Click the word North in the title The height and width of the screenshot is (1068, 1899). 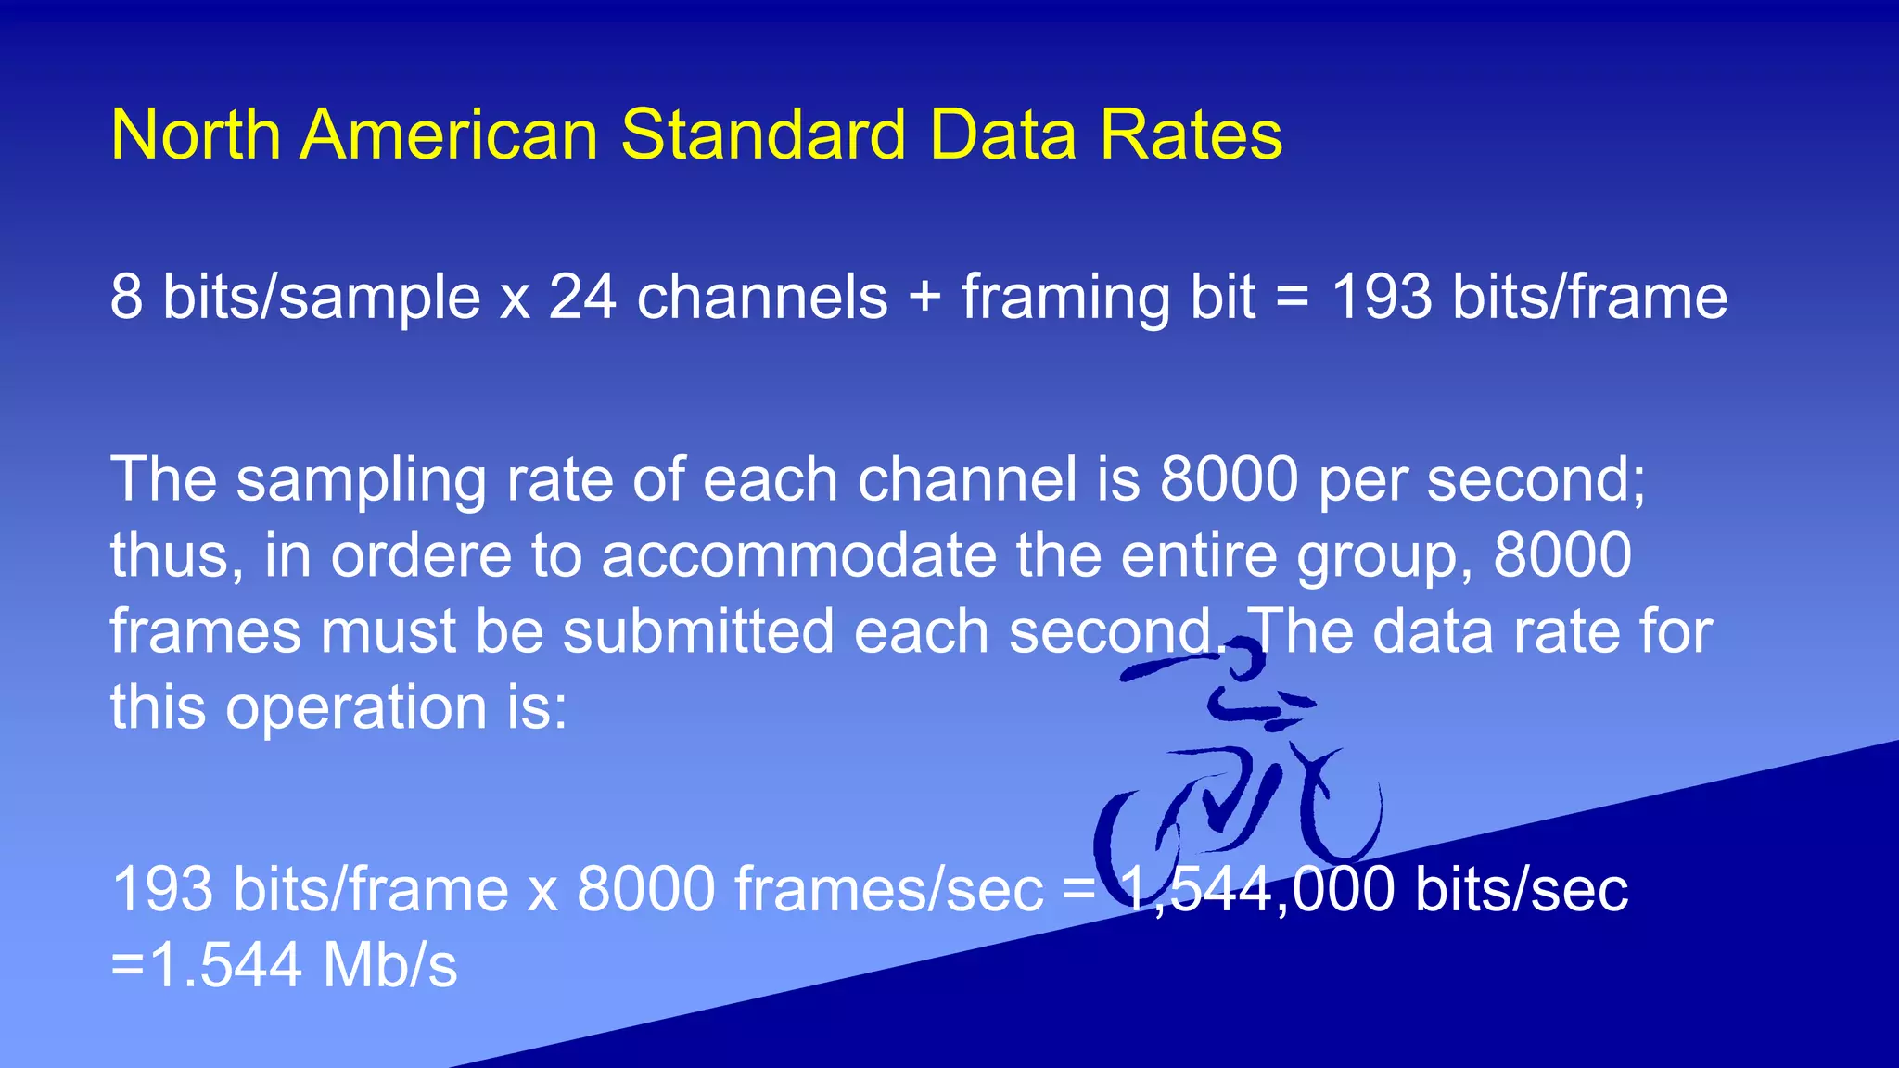click(196, 135)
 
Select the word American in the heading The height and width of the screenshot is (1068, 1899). click(449, 135)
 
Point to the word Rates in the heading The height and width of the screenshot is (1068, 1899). click(1191, 135)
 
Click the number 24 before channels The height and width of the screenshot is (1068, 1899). click(582, 298)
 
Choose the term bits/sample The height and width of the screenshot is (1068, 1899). click(321, 299)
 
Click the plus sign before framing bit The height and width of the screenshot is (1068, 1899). click(924, 299)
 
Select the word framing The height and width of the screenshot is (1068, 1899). click(1065, 299)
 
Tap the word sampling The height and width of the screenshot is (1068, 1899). click(361, 481)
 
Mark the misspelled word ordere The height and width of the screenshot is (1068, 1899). click(421, 556)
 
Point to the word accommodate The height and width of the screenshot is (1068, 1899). click(797, 556)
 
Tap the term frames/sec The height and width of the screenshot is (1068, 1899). click(888, 890)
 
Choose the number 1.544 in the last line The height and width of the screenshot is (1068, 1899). click(224, 966)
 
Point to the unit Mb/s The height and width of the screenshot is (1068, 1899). click(389, 966)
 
